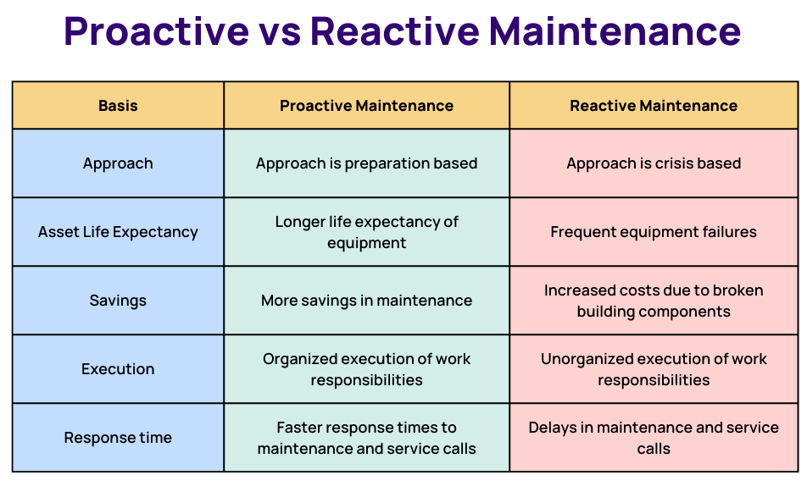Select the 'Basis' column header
tap(118, 106)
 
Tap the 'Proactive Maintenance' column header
tap(366, 106)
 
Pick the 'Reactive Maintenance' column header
tap(654, 106)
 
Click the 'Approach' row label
tap(118, 163)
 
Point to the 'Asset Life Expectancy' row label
tap(118, 232)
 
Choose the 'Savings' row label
tap(118, 301)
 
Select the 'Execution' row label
tap(118, 369)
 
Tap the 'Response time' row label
tap(118, 438)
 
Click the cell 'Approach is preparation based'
tap(366, 163)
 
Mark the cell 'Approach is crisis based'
tap(654, 163)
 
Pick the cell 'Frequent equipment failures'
tap(654, 232)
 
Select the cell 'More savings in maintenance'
tap(366, 301)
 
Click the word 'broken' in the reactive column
tap(738, 290)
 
